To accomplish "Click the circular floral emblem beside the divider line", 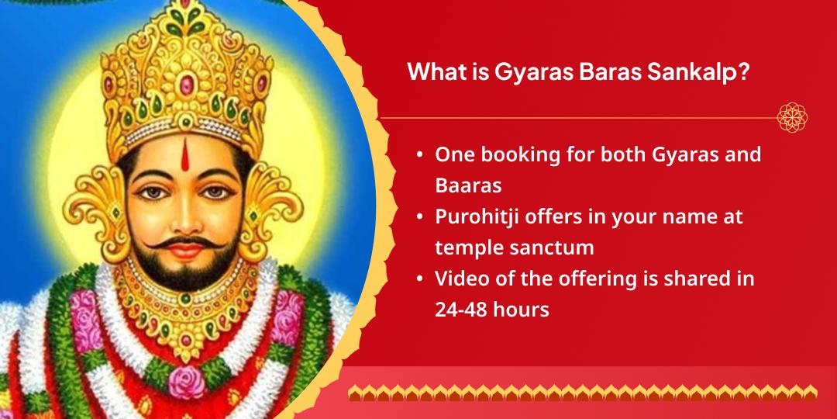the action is [x=792, y=118].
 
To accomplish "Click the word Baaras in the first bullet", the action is [x=468, y=185].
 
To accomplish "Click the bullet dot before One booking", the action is [x=420, y=155].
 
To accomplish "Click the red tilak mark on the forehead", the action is [x=184, y=154].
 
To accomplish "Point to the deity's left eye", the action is [x=217, y=192].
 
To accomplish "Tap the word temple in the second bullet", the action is [x=466, y=248].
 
